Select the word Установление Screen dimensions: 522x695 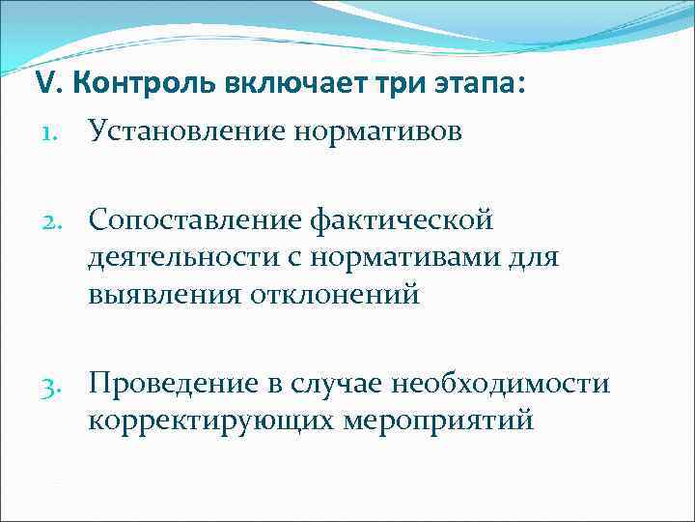click(188, 130)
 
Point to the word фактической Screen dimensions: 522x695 click(403, 221)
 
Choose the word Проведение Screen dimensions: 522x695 click(173, 385)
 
